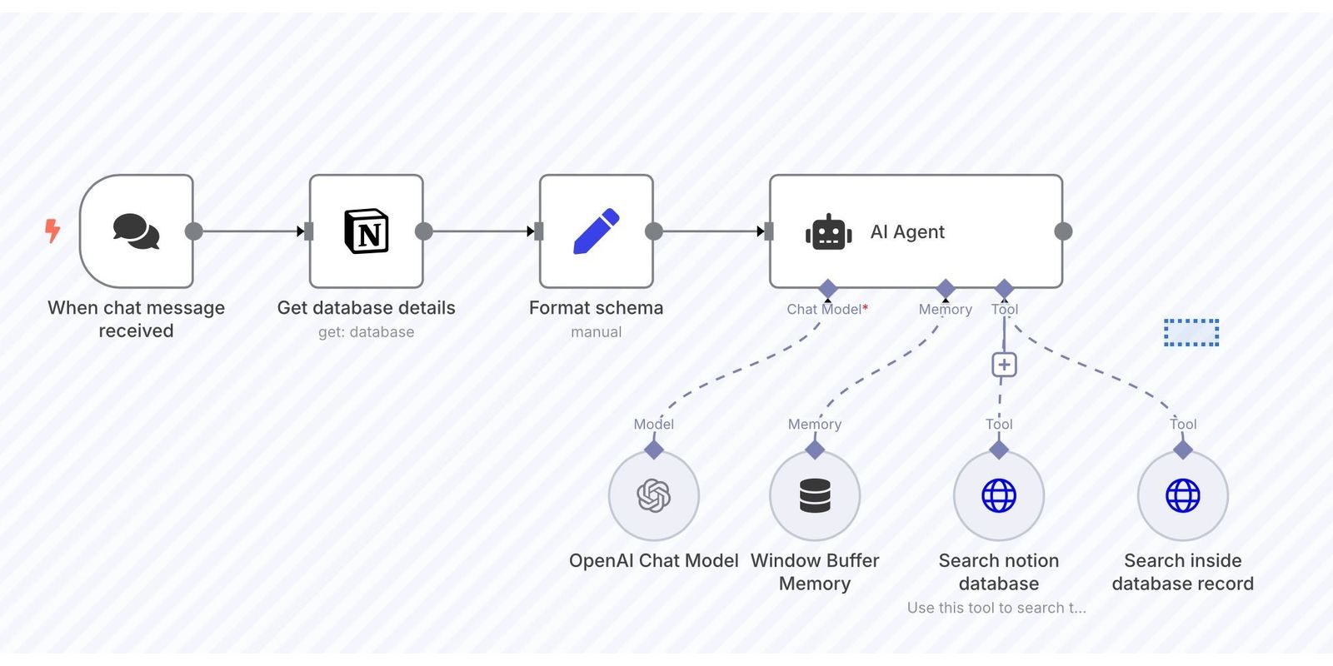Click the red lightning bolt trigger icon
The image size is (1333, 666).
point(52,231)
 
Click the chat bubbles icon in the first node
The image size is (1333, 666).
point(136,231)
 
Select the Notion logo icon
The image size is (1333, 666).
point(367,231)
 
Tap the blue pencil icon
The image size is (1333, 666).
point(597,231)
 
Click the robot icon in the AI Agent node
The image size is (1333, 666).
point(828,232)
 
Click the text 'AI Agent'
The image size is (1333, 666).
point(907,232)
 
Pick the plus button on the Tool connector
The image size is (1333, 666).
point(1004,365)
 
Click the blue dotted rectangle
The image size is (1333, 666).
point(1191,332)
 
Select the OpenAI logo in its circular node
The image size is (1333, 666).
point(654,496)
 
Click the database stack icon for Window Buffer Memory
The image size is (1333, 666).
point(815,496)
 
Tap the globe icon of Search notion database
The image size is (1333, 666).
point(999,496)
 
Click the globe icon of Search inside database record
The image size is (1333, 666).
point(1183,496)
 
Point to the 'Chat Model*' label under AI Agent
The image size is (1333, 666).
point(826,310)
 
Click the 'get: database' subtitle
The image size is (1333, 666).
point(366,332)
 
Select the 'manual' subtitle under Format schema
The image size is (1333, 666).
point(596,332)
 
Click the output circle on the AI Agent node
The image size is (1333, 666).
point(1063,231)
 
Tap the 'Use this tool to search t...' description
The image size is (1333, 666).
point(996,608)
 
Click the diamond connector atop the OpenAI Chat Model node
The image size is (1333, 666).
point(654,450)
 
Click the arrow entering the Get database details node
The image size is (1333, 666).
point(301,231)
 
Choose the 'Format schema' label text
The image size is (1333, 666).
point(596,308)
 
